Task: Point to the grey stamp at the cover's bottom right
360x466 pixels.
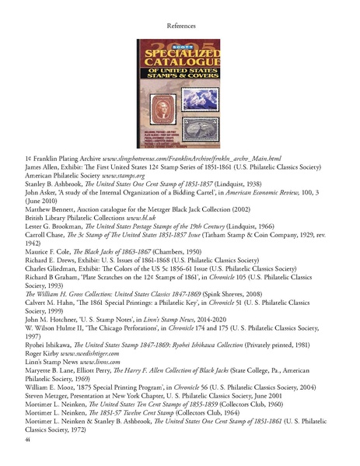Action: tap(204, 124)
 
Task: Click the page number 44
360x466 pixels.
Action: tap(30, 440)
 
